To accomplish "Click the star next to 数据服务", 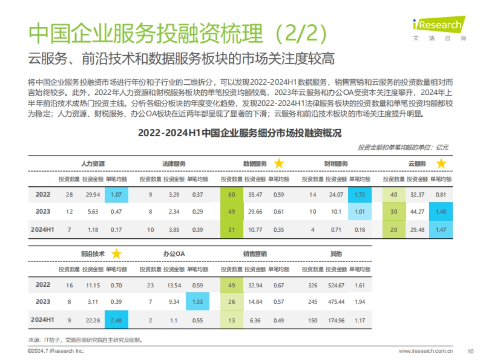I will [x=279, y=164].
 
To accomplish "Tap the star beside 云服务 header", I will [x=441, y=164].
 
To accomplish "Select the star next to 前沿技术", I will [x=116, y=254].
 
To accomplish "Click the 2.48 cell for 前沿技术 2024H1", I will [x=117, y=320].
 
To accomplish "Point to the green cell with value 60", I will [x=231, y=195].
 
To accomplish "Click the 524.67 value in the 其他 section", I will [x=336, y=285].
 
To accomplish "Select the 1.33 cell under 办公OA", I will [x=198, y=302].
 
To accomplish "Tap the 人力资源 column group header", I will [x=93, y=164].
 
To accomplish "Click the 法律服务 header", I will [x=174, y=164].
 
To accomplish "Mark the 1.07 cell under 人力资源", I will [x=117, y=195].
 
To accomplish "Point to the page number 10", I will [x=470, y=351].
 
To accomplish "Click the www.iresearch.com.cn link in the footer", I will [x=426, y=351].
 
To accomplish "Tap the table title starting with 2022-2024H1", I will [x=240, y=133].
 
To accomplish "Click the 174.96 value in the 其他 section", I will [x=336, y=320].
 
